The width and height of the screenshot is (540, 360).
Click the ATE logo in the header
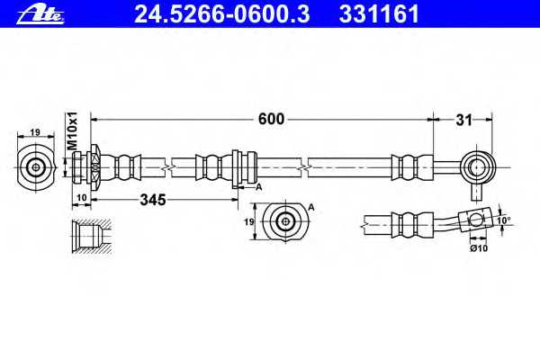[40, 15]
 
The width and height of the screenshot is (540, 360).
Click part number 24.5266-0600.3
[221, 14]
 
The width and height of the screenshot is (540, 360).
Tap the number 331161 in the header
[379, 14]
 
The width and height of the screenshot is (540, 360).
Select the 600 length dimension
[272, 119]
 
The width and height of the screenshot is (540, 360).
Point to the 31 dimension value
[464, 121]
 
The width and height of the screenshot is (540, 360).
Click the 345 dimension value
[153, 200]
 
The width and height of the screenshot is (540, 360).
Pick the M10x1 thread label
[73, 130]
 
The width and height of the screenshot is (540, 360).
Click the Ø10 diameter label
[479, 247]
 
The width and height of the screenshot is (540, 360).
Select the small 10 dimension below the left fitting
[82, 198]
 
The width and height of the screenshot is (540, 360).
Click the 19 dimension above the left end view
[35, 132]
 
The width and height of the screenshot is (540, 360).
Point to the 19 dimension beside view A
[249, 222]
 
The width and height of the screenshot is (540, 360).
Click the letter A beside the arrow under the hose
[259, 187]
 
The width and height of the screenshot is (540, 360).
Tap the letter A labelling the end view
[311, 207]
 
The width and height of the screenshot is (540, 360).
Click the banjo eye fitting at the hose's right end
[478, 168]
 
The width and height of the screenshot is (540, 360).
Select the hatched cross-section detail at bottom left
[92, 237]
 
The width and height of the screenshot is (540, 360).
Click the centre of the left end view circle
[36, 167]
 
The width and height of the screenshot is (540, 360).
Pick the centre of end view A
[285, 222]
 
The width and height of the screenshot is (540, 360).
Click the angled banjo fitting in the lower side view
[475, 220]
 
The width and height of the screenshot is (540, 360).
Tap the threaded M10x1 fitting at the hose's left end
[86, 167]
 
